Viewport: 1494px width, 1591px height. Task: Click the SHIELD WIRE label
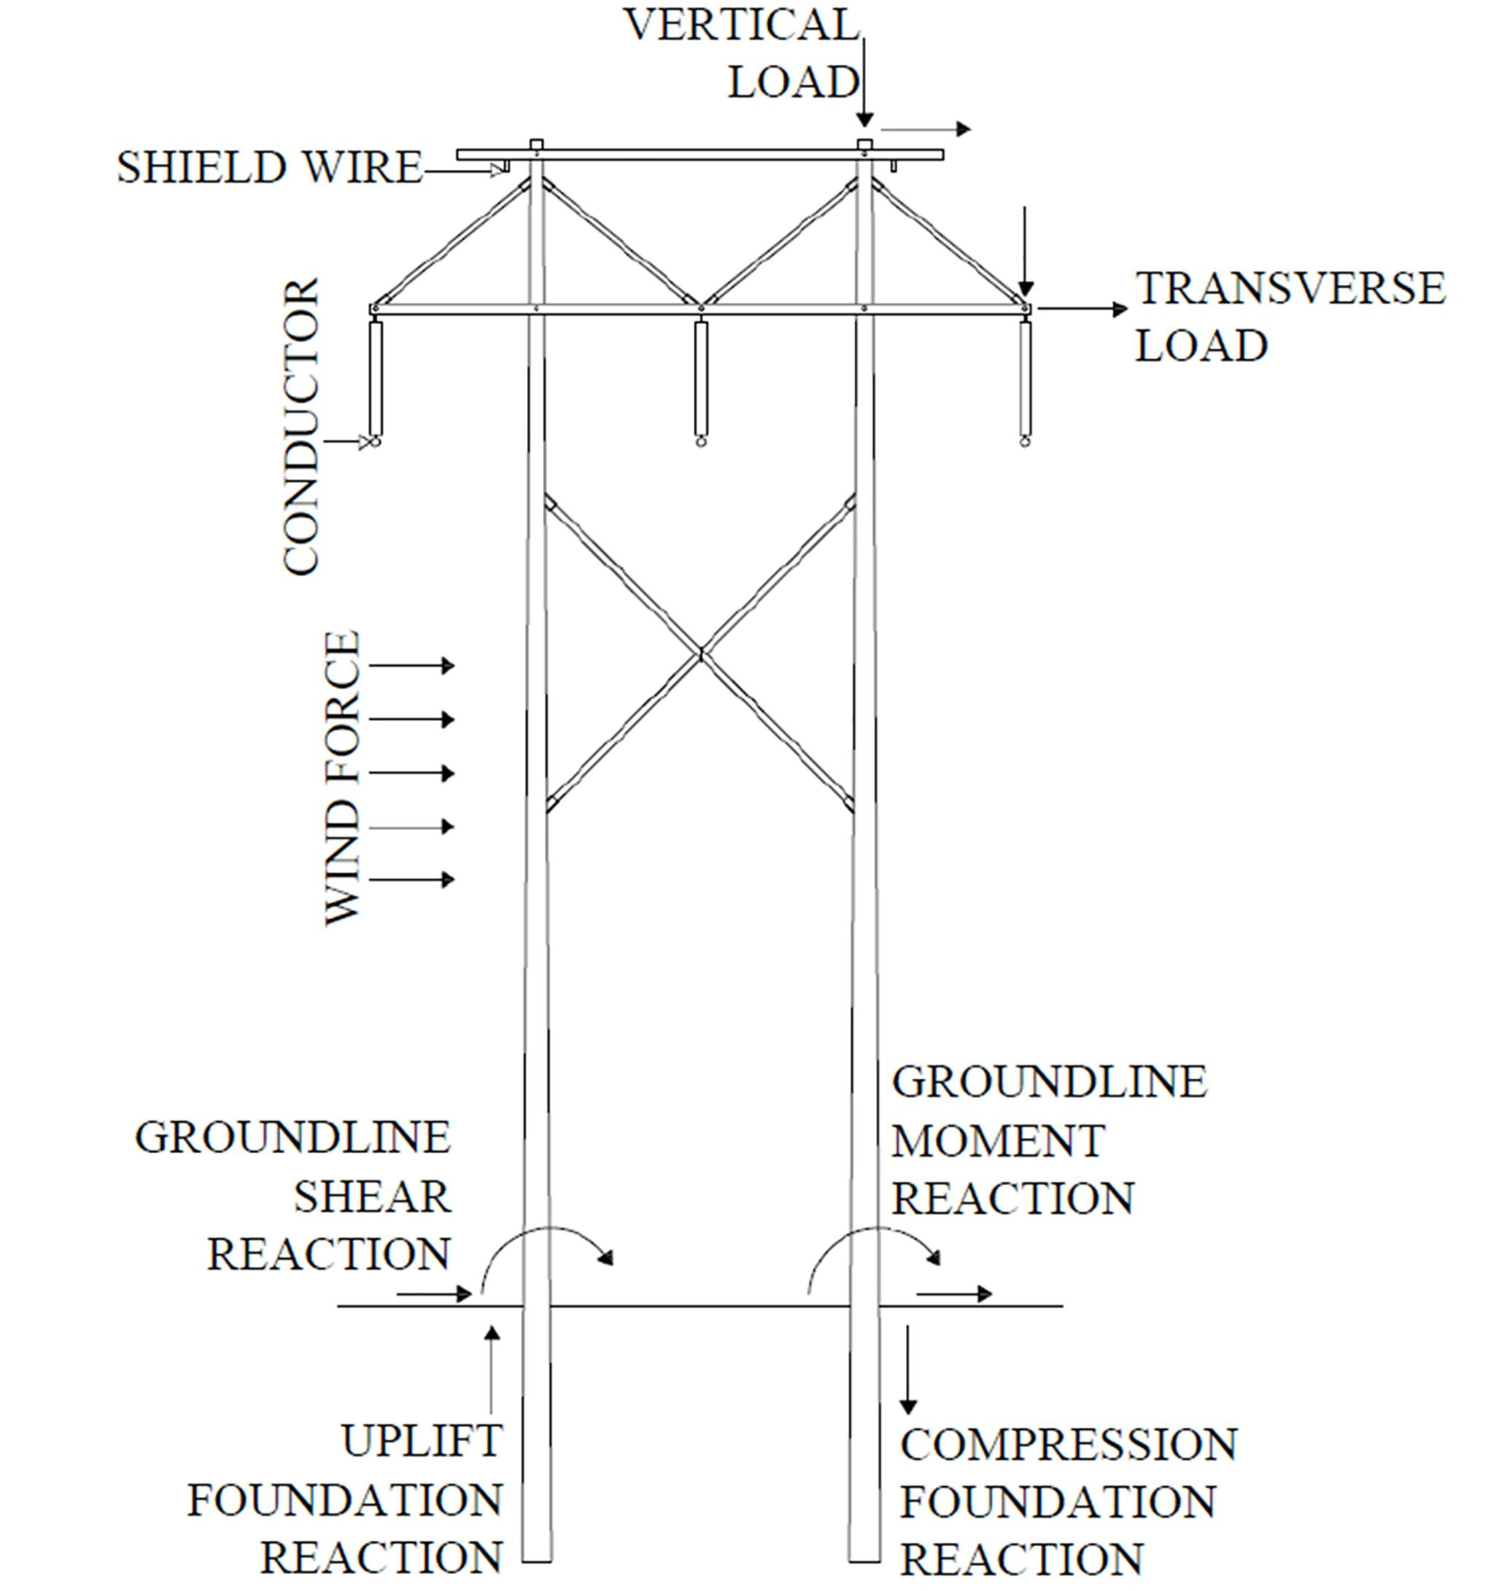pos(269,168)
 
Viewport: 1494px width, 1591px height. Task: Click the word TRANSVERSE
pos(1291,289)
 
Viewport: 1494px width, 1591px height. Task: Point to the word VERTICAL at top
pos(741,25)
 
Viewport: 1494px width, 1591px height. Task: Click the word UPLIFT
pos(422,1442)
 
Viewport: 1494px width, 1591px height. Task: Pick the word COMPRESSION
pos(1069,1445)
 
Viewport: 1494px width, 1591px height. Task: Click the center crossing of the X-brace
pos(701,655)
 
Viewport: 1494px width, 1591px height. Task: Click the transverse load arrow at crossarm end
pos(1081,309)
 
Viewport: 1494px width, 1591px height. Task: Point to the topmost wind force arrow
pos(412,665)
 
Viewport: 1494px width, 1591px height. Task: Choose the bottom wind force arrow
pos(412,879)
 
